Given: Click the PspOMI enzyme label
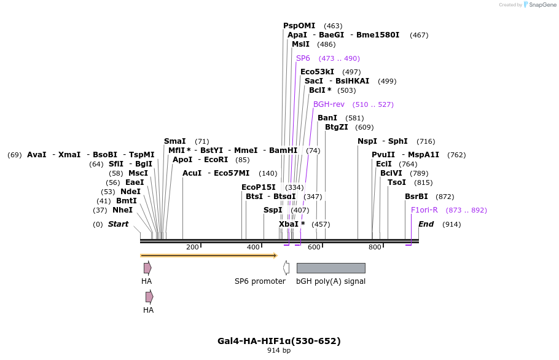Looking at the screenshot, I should point(299,26).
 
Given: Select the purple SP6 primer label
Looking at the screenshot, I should point(303,58).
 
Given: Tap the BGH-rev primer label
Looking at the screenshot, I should point(329,104).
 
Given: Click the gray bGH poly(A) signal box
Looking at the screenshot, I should point(330,268).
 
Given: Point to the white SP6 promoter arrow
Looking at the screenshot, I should point(286,268).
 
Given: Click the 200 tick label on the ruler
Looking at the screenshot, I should point(192,248).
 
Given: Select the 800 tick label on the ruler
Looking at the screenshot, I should point(375,248).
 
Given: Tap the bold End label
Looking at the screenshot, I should point(426,224).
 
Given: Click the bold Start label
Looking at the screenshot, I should point(118,224).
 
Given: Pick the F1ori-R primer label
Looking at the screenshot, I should point(424,210).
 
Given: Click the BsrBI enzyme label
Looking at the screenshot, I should point(416,197).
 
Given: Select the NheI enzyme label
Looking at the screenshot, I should point(122,210).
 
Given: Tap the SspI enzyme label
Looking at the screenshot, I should point(273,210).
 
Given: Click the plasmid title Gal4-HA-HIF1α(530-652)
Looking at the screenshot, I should point(279,341).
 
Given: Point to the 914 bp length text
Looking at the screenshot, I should point(279,351).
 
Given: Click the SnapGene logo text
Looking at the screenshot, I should point(542,5).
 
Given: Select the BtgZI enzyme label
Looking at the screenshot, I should point(336,127).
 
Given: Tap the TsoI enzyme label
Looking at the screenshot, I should point(397,182).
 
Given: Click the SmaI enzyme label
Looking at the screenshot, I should point(174,141).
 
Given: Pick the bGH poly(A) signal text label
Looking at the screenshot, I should point(330,281).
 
